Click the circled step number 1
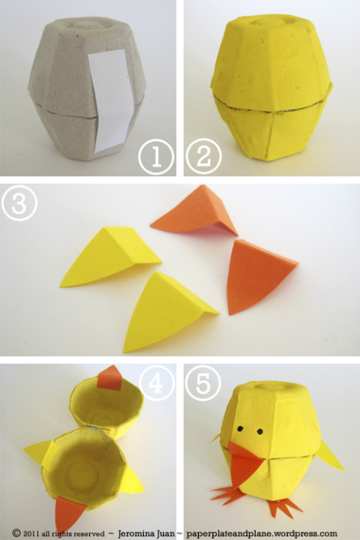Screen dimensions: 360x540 click(x=156, y=157)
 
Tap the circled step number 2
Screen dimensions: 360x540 click(x=203, y=157)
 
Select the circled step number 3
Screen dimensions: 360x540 click(x=19, y=203)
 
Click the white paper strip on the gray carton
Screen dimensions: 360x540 click(x=112, y=100)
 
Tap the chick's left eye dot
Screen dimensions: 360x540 click(x=241, y=429)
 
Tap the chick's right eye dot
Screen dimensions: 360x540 click(x=260, y=431)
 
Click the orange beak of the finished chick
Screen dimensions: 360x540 click(x=245, y=463)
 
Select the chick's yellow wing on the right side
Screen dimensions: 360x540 click(x=330, y=456)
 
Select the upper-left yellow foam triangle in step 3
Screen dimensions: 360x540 click(x=111, y=256)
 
